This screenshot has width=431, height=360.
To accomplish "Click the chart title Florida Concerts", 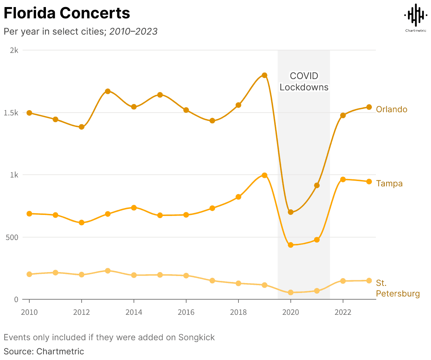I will pos(67,13).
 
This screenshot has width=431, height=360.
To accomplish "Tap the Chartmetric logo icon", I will pos(415,15).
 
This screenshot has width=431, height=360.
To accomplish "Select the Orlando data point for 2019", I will pos(264,75).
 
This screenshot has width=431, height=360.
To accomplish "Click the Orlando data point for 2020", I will pos(291,212).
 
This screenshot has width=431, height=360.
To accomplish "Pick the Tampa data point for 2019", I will pos(264,175).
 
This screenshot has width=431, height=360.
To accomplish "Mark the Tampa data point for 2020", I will pos(291,245).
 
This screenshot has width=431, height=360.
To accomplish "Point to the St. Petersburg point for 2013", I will pos(108,271).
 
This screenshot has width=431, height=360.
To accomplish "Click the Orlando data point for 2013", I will pos(108,91).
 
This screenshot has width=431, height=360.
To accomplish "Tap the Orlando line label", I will pos(391,109).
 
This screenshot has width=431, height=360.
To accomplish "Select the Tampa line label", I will pos(389,184).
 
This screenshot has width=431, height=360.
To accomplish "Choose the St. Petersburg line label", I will pos(397,288).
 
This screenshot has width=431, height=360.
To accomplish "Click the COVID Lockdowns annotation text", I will pos(304,82).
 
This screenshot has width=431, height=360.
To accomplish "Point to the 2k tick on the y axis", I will pos(14,50).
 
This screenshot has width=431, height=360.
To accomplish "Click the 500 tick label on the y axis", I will pos(12,237).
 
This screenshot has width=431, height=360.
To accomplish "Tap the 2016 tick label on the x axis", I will pos(186,312).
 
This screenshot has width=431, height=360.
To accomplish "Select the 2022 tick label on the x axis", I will pos(343,312).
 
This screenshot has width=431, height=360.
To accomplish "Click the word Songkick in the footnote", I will pos(196,337).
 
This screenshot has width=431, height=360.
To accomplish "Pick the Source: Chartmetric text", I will pos(44,352).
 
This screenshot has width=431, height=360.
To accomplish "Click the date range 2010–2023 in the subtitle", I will pos(133,31).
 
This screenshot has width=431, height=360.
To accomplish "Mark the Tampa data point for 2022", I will pos(343,180).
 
